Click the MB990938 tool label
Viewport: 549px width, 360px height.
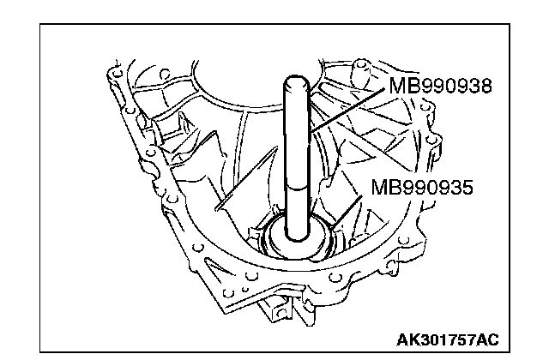click(x=442, y=87)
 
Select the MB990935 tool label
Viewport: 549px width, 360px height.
click(x=422, y=187)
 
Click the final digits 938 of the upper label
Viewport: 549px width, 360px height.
click(x=480, y=87)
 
